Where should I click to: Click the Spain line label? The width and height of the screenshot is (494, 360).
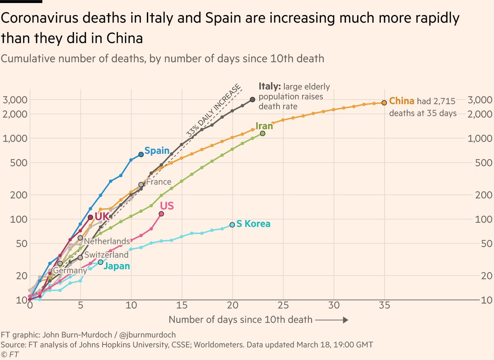pos(157,151)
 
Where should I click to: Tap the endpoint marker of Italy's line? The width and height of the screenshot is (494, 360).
pos(252,99)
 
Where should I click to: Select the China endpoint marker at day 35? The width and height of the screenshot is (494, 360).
pos(384,103)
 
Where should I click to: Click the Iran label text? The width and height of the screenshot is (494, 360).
pos(264,126)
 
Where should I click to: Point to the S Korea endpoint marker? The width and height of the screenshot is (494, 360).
pos(232,224)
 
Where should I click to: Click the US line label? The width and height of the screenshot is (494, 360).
pos(167,205)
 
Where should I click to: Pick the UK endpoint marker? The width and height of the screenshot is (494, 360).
pos(90,217)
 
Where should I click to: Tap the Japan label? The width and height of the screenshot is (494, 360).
pos(117,266)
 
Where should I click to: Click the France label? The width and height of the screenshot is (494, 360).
pos(158,182)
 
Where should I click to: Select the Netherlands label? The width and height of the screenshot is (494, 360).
pos(107,241)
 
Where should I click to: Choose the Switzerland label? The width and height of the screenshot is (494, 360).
pos(107,255)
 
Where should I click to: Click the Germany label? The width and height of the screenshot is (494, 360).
pos(70,271)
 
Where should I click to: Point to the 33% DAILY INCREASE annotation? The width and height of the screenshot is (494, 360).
pos(214,111)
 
